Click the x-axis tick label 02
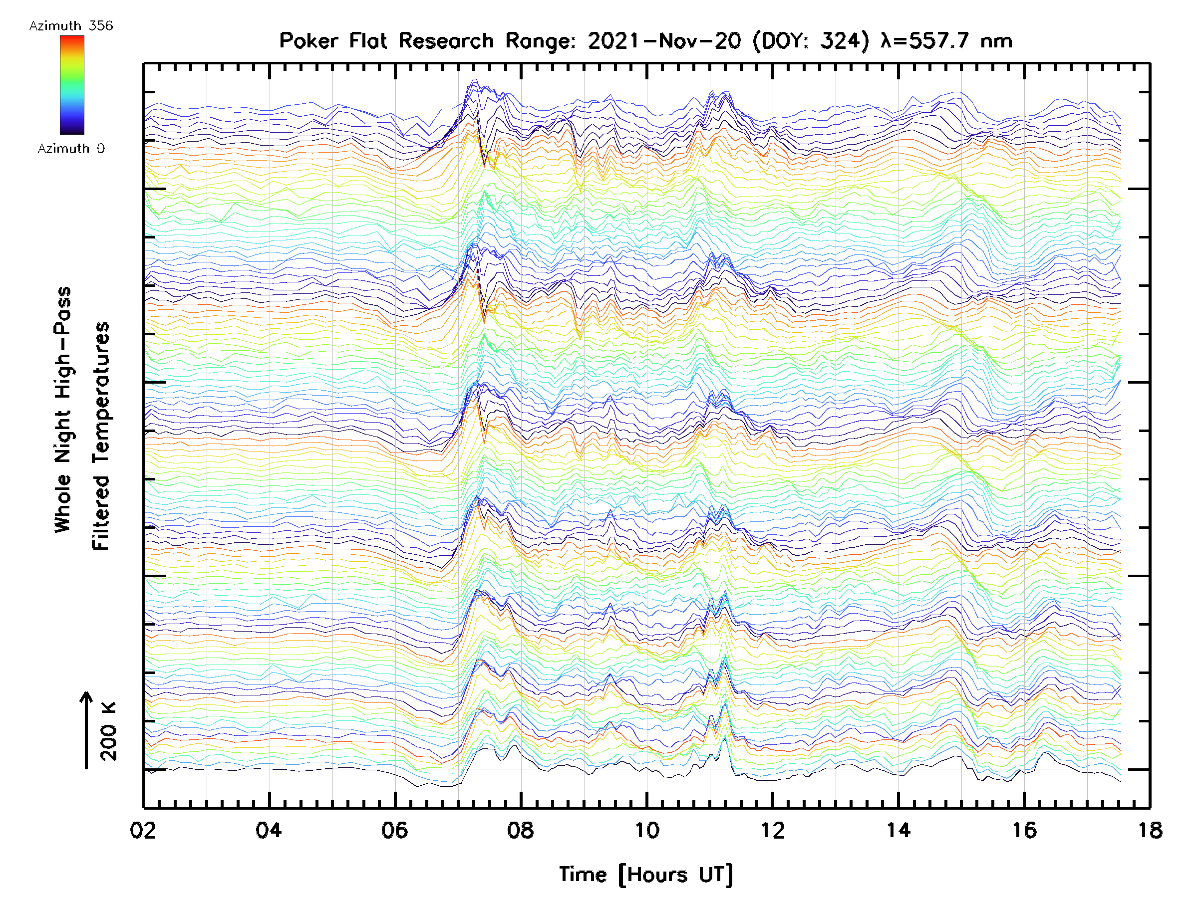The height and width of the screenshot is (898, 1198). (x=143, y=830)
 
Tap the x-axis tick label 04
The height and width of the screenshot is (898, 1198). (x=269, y=830)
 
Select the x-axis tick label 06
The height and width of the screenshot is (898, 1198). (x=395, y=830)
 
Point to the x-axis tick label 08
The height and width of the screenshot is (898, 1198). (x=521, y=830)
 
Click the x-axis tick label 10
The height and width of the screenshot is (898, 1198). (x=646, y=830)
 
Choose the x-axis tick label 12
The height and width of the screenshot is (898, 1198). (x=772, y=830)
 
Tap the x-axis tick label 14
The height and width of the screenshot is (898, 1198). (x=898, y=830)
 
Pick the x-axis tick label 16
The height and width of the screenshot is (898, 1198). (x=1024, y=830)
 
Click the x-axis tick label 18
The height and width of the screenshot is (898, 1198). (x=1150, y=830)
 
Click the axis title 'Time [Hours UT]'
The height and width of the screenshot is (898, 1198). (x=646, y=874)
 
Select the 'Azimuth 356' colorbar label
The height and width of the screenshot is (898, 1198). (x=71, y=26)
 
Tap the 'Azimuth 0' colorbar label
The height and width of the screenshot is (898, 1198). (x=71, y=148)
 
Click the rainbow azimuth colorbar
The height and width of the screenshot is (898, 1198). (x=72, y=85)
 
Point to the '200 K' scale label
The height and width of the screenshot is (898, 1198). (x=109, y=731)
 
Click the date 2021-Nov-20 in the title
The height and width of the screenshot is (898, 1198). (x=664, y=40)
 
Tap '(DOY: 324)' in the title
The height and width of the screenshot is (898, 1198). (x=811, y=40)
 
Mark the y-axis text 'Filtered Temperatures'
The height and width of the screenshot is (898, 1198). (x=101, y=436)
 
